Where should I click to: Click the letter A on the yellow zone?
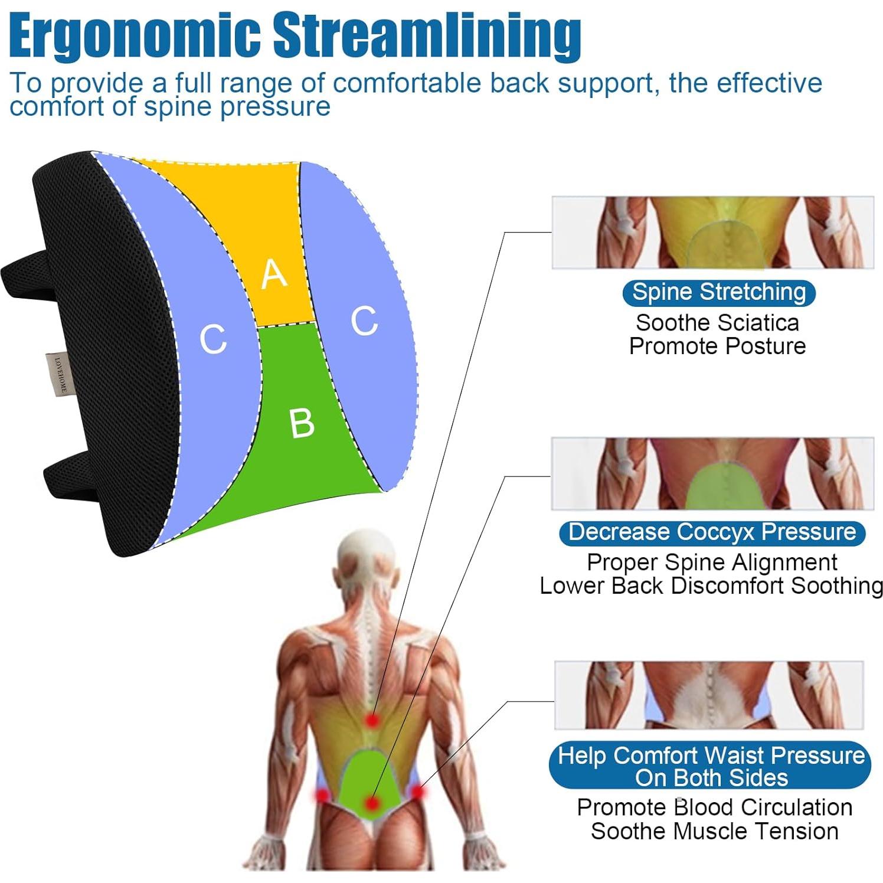pyautogui.click(x=274, y=274)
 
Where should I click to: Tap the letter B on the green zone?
pyautogui.click(x=302, y=423)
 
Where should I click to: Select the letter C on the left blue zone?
pyautogui.click(x=213, y=339)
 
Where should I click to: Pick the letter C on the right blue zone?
pyautogui.click(x=364, y=321)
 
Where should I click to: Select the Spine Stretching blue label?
pyautogui.click(x=719, y=292)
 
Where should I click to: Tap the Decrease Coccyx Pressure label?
pyautogui.click(x=712, y=533)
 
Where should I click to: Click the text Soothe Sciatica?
pyautogui.click(x=717, y=323)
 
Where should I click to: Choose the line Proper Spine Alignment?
pyautogui.click(x=712, y=562)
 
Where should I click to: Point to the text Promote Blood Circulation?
pyautogui.click(x=714, y=807)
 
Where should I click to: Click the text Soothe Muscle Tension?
pyautogui.click(x=714, y=831)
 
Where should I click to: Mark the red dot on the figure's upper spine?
pyautogui.click(x=372, y=720)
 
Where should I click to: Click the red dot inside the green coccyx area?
pyautogui.click(x=371, y=803)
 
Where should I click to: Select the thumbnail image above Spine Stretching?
pyautogui.click(x=712, y=233)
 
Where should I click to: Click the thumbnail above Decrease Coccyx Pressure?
pyautogui.click(x=712, y=473)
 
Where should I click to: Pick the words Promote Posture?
pyautogui.click(x=717, y=346)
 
